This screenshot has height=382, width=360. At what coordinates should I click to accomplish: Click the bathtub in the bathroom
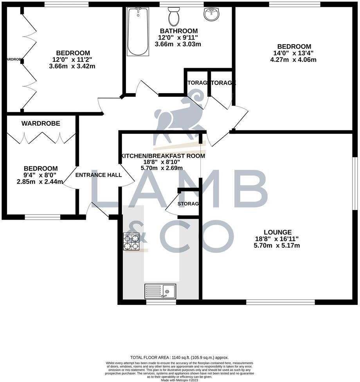(x=138, y=32)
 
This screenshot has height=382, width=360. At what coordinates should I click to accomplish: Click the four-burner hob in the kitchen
(x=131, y=241)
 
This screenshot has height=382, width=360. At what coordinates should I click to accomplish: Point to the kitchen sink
(x=160, y=291)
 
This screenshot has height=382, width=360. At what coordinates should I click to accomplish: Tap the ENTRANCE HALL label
(x=98, y=175)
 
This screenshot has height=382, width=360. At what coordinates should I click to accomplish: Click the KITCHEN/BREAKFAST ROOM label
(x=162, y=156)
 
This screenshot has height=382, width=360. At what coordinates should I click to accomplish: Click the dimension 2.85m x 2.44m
(x=40, y=182)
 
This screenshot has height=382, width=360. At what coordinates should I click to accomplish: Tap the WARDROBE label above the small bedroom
(x=41, y=123)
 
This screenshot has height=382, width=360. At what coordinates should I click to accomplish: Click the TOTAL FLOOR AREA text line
(x=180, y=357)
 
